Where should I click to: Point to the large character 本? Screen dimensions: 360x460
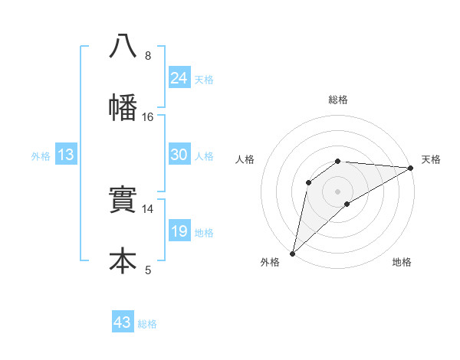click(x=123, y=260)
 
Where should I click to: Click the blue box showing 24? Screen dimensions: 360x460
click(x=179, y=78)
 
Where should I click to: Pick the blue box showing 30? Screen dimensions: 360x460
click(x=179, y=155)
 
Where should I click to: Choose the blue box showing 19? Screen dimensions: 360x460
click(x=179, y=231)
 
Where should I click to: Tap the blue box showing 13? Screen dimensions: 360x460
click(x=66, y=155)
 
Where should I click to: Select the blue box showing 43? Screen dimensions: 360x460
click(x=123, y=322)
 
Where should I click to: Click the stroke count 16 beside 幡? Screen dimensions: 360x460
click(x=148, y=116)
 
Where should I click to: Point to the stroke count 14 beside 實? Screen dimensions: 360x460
click(x=148, y=208)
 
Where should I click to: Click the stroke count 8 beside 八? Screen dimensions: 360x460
click(x=148, y=55)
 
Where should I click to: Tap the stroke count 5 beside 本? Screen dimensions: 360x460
click(x=148, y=270)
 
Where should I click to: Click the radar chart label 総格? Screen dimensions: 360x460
click(x=338, y=100)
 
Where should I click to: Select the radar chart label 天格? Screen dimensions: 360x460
click(x=431, y=159)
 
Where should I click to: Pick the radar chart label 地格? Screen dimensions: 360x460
click(x=402, y=262)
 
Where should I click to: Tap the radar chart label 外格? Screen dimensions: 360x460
click(x=270, y=262)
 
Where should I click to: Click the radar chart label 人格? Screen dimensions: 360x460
click(x=245, y=159)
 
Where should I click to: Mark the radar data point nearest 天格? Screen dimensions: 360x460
click(x=410, y=168)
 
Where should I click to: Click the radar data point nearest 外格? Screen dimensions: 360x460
click(x=292, y=253)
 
